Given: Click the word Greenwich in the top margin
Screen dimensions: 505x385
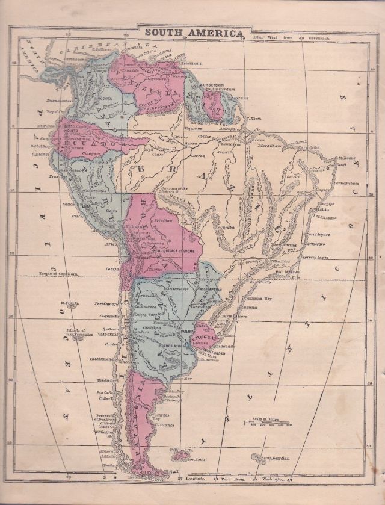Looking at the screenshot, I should [321, 37].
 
